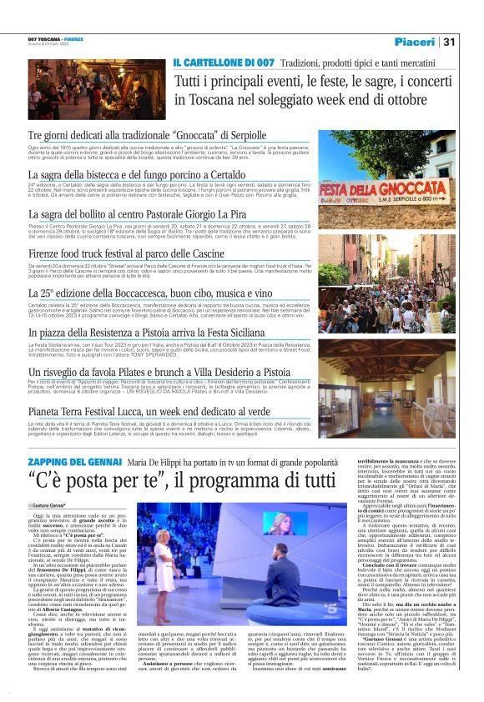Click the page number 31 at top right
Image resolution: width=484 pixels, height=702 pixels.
coord(449,42)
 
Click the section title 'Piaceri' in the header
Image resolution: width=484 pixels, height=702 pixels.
coord(415,42)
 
